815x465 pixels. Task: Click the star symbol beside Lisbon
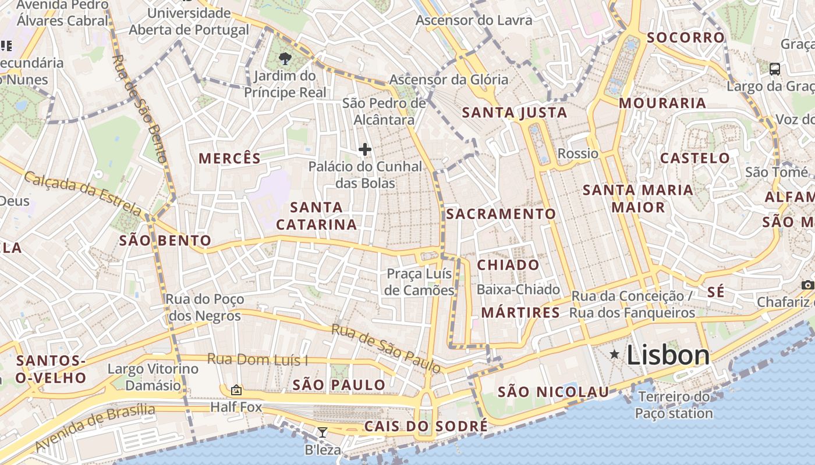(x=614, y=354)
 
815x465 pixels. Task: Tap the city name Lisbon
(x=668, y=355)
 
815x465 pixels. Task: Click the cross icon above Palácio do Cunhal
(x=365, y=149)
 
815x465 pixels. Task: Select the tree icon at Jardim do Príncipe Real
(x=285, y=58)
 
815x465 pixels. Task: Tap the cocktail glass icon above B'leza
(x=322, y=432)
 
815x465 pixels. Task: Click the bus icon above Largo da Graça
(x=775, y=69)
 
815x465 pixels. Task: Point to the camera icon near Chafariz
(x=807, y=285)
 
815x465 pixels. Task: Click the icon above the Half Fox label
(x=236, y=389)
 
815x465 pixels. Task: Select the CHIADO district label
(x=508, y=265)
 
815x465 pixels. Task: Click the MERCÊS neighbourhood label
(x=229, y=158)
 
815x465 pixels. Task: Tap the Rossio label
(x=577, y=153)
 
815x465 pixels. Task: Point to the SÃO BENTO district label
(x=165, y=241)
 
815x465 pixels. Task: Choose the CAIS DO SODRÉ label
(x=426, y=426)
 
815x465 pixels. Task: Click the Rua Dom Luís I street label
(x=258, y=359)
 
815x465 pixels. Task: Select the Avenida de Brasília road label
(x=95, y=428)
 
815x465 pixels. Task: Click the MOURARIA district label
(x=662, y=103)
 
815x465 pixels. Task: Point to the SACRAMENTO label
(x=501, y=214)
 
